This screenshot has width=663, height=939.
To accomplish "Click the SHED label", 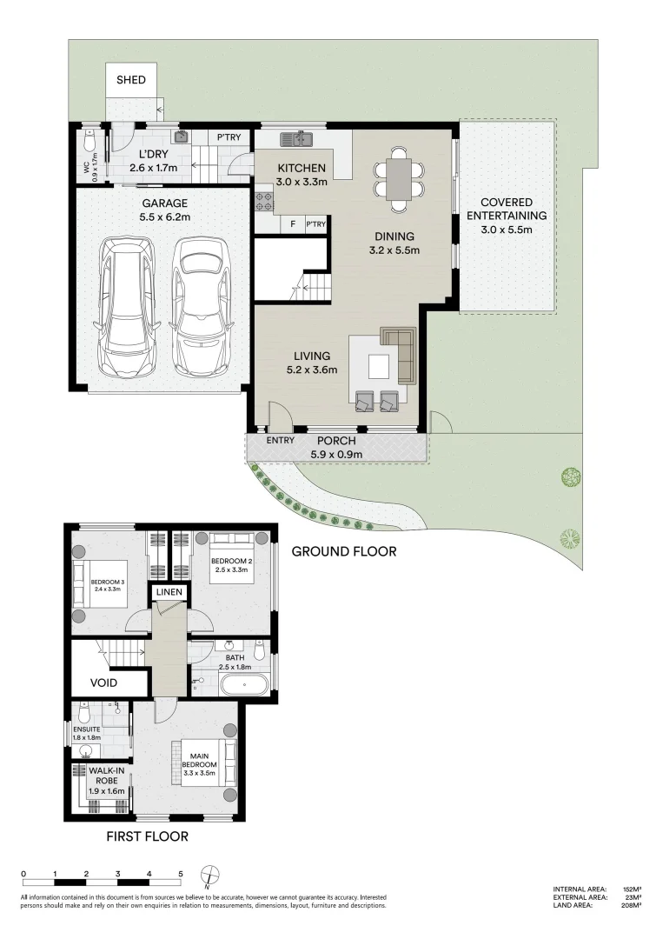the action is tap(131, 80).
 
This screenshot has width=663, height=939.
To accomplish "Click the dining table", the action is tap(399, 178).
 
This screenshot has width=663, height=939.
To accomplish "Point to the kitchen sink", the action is tap(296, 139).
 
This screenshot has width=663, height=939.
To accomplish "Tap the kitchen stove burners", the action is tap(264, 201).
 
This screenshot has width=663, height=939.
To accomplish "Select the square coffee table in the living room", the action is tap(378, 367).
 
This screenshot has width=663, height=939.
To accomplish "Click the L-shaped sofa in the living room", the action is tap(401, 354).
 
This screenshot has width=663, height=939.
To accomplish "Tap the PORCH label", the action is tap(336, 442).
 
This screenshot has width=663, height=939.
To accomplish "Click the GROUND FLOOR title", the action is tap(344, 551).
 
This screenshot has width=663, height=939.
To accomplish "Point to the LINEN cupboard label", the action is tap(169, 592).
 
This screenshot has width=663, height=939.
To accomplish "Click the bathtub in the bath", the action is tap(245, 684).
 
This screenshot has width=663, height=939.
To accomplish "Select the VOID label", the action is tap(103, 683).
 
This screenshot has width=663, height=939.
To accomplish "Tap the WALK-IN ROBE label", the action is tap(107, 776).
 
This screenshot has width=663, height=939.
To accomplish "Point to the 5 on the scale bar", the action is tap(181, 875).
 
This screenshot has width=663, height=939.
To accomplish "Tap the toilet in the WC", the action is tap(90, 142).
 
